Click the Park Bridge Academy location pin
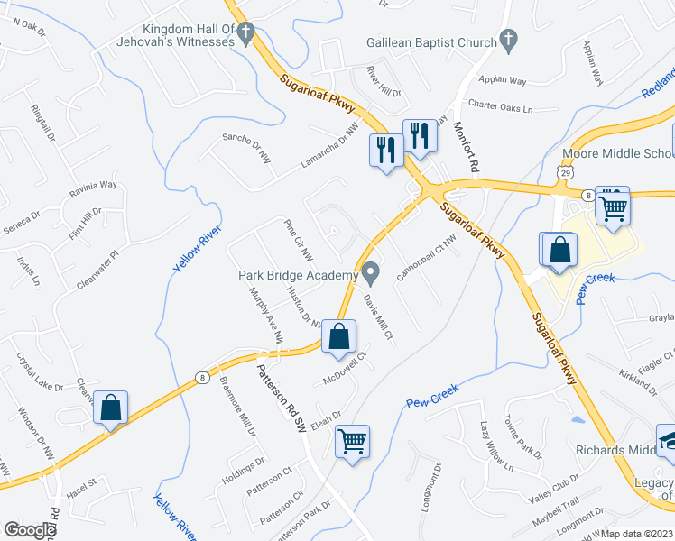point(371,271)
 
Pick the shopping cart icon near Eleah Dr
point(352,441)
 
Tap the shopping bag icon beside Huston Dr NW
point(338,337)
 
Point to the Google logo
point(31,529)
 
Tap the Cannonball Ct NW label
point(424,257)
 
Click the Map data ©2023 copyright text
point(637,534)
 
